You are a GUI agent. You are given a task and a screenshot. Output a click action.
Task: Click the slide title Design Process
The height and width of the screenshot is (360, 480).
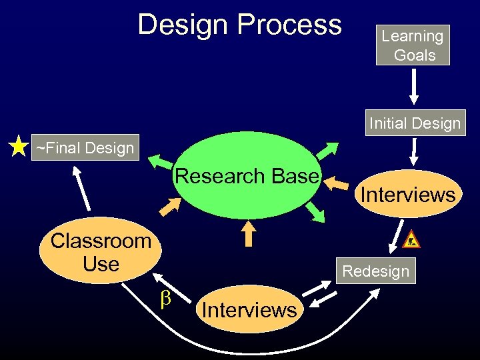click(239, 25)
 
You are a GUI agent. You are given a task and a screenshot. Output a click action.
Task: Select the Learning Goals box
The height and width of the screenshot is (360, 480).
click(413, 45)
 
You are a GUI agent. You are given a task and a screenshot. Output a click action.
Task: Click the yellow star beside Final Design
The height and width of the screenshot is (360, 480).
click(19, 147)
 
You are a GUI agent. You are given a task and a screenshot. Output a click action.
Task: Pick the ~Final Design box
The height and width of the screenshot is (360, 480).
click(85, 147)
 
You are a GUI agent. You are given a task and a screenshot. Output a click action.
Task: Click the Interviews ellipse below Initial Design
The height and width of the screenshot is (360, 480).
click(408, 195)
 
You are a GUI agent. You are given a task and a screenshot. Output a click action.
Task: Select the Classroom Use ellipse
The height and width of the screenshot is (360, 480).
click(101, 252)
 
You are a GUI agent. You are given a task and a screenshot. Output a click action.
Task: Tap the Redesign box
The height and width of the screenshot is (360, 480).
click(375, 271)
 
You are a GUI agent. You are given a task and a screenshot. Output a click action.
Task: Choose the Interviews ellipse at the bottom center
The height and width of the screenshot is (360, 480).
click(249, 309)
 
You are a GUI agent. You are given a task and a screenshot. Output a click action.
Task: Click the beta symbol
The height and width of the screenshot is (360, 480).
click(167, 299)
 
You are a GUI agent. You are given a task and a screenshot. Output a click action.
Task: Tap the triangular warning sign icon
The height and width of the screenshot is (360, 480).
click(412, 239)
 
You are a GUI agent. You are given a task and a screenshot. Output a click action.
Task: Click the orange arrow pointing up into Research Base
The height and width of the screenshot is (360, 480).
click(249, 233)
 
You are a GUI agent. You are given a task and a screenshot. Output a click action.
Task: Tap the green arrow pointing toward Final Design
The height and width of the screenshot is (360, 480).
click(159, 162)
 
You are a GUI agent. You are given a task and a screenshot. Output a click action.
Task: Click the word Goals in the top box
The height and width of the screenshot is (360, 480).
click(415, 55)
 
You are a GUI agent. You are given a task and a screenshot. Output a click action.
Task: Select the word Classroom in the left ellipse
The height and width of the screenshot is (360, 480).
click(101, 241)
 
